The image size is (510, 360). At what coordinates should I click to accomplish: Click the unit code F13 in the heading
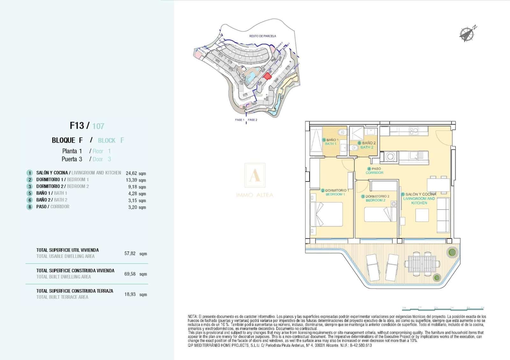point(77,126)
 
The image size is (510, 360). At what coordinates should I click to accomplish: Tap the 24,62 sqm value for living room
point(136,173)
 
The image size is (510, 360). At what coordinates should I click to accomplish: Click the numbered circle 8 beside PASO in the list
point(30,207)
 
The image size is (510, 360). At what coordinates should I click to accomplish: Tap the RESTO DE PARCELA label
point(263,36)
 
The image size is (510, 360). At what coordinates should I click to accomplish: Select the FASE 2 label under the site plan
point(252,120)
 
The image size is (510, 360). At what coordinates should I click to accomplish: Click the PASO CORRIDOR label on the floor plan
point(374,171)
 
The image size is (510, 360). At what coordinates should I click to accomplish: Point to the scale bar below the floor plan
point(443,308)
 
